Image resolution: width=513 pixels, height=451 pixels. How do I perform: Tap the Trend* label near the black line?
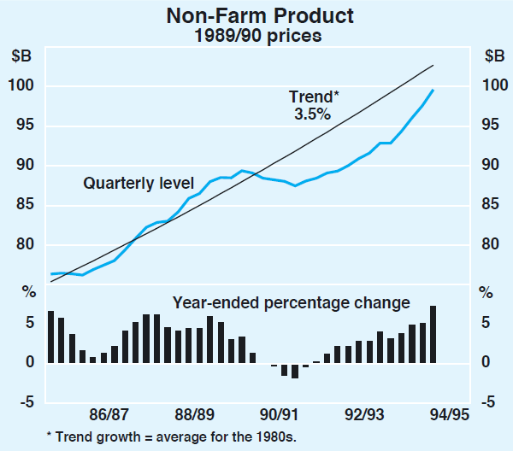312,97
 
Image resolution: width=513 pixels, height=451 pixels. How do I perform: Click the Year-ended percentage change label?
292,302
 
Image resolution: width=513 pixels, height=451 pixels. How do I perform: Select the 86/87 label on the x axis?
110,416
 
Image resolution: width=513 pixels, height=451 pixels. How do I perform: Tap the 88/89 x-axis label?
194,416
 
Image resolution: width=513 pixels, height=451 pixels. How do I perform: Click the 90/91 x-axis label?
280,416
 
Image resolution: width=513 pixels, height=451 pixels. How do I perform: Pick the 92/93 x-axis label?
365,416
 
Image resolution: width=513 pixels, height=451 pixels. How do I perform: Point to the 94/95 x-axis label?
449,416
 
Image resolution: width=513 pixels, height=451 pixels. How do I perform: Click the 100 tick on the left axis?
23,85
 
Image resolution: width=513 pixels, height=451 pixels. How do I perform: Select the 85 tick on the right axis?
490,205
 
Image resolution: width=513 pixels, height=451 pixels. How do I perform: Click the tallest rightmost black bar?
433,334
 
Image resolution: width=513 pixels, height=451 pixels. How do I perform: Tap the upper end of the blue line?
433,90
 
